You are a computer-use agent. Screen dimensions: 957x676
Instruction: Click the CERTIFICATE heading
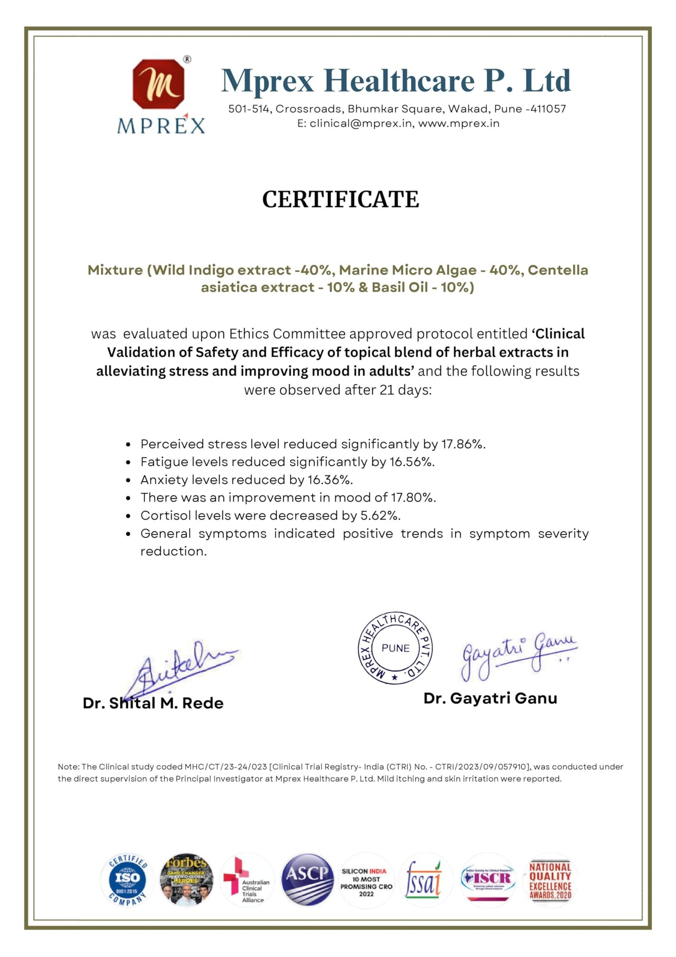341,200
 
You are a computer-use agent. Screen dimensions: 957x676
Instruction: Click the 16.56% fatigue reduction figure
412,462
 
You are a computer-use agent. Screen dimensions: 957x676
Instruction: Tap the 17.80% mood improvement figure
413,498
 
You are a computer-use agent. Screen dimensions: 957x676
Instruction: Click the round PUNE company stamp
395,648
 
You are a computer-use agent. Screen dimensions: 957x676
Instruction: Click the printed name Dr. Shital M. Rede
153,703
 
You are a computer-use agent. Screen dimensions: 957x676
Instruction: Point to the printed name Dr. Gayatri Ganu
490,699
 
